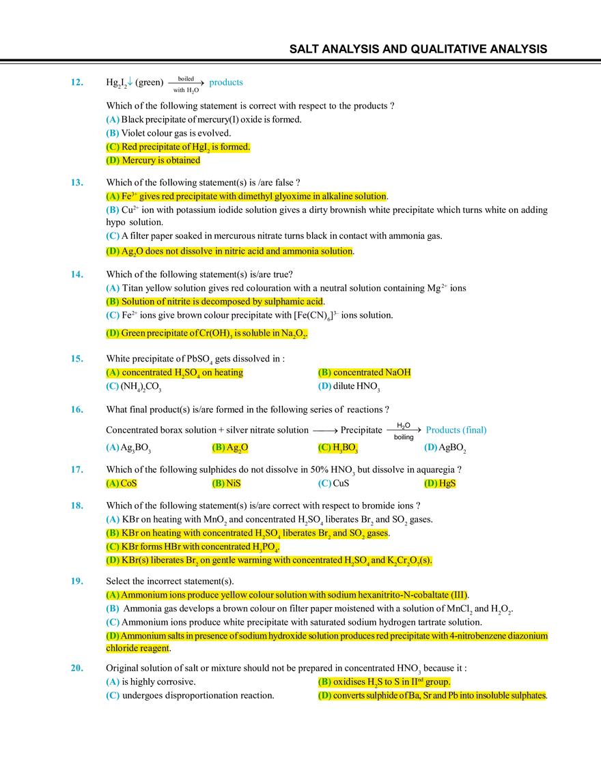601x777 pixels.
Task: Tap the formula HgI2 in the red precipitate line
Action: (x=204, y=147)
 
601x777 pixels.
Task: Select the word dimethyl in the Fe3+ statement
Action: (x=258, y=196)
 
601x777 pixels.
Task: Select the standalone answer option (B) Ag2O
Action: (x=230, y=448)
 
